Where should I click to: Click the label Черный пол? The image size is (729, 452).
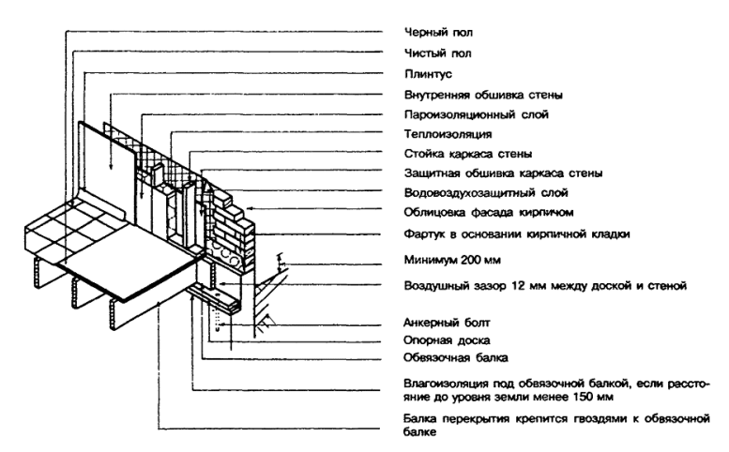click(x=438, y=33)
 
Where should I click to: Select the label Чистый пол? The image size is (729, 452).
click(x=437, y=53)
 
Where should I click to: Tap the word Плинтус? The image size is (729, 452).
click(x=428, y=74)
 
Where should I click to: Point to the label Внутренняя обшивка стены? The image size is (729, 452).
click(x=483, y=96)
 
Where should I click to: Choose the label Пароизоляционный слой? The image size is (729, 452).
click(x=476, y=114)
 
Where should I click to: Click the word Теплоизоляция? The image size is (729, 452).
click(x=448, y=134)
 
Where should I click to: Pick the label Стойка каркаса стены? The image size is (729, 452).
click(x=468, y=154)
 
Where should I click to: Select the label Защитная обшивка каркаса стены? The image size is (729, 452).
click(x=503, y=173)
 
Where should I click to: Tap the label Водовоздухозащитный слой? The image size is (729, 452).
click(x=486, y=193)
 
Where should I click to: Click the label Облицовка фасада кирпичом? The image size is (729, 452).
click(x=489, y=213)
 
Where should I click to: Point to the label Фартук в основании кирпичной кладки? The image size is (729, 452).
click(x=517, y=234)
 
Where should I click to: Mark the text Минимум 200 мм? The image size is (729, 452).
click(x=452, y=260)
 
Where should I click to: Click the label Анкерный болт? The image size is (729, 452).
click(x=447, y=323)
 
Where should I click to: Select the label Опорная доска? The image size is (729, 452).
click(x=447, y=340)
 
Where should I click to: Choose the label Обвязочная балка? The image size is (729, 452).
click(x=455, y=357)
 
